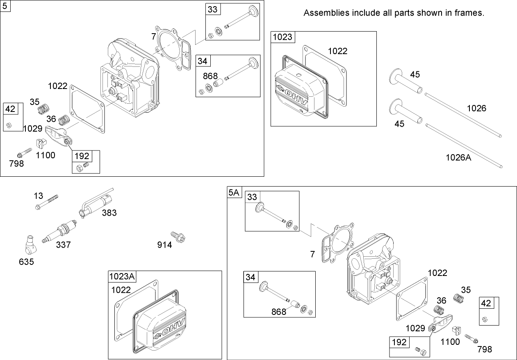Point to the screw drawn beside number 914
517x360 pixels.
tap(179, 236)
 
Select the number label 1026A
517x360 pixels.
tap(458, 157)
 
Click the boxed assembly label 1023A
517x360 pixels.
tap(122, 276)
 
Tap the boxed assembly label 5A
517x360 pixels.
tap(234, 192)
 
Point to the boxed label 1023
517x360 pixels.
tap(282, 37)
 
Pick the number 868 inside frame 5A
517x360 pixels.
tap(279, 312)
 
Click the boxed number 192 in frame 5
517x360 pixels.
tap(81, 156)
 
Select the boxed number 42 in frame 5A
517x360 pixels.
tap(486, 303)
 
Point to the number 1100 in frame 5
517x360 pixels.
tap(46, 155)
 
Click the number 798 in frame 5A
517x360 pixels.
tap(485, 349)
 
